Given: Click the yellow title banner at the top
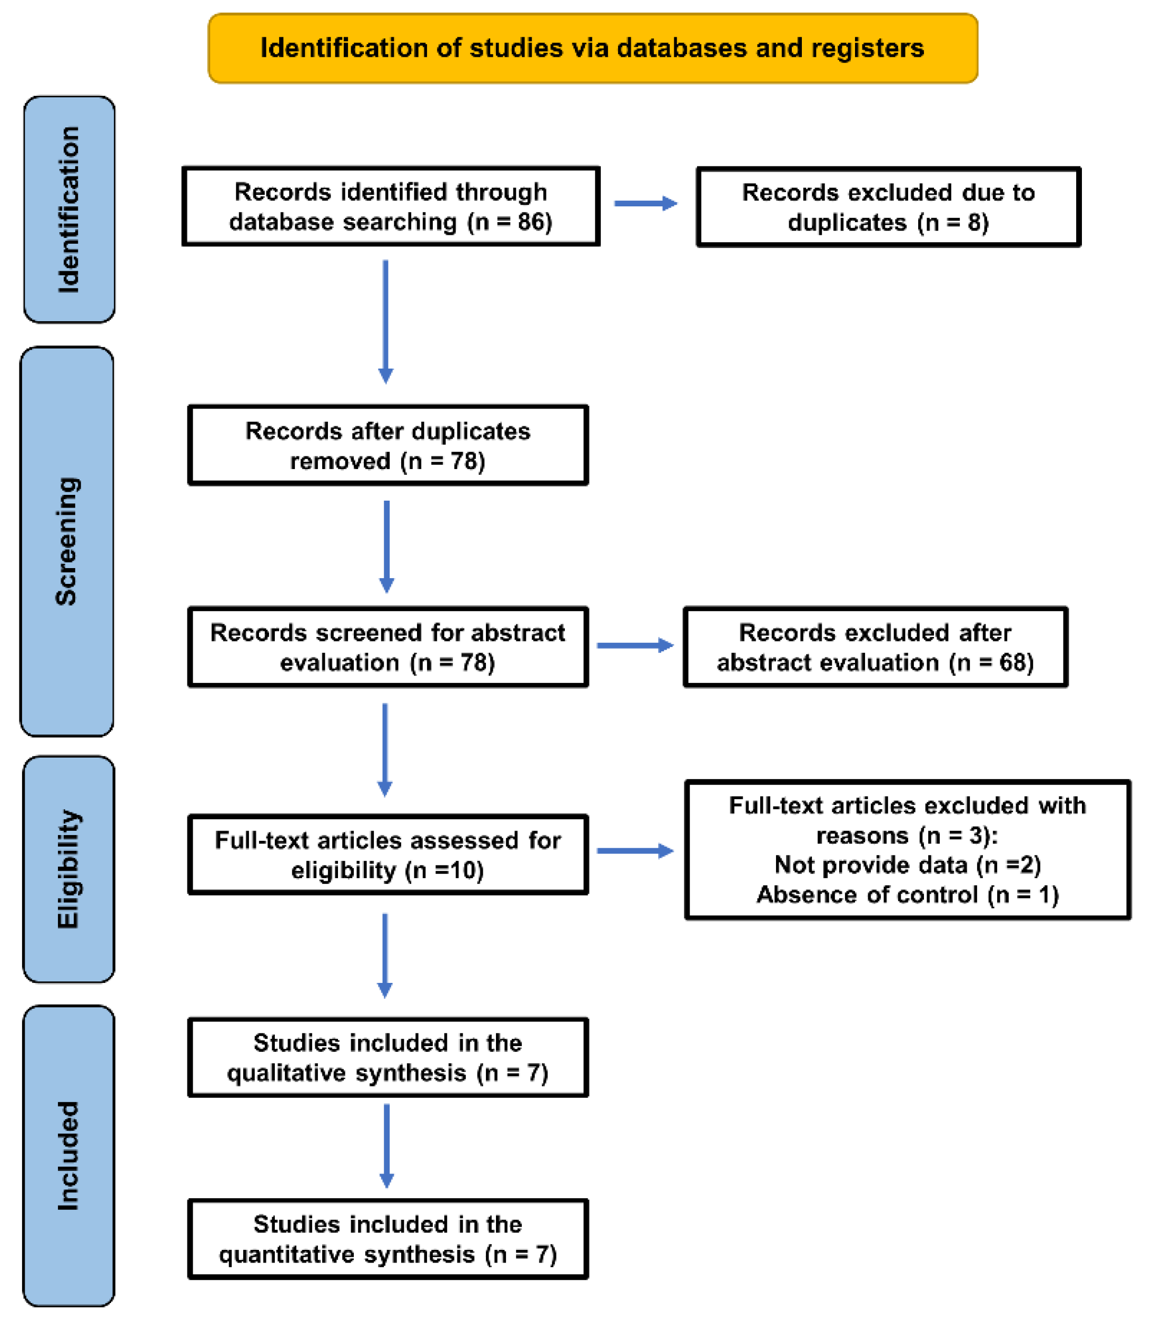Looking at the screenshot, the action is (x=593, y=48).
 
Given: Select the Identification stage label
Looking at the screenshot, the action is (x=69, y=209).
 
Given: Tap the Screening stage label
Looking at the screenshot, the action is (x=67, y=541).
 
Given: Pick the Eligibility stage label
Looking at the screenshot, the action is (x=68, y=869).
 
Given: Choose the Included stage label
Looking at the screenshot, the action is (x=68, y=1156).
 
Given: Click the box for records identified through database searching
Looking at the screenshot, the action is (x=391, y=206).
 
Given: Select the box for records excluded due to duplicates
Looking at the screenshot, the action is (x=889, y=206).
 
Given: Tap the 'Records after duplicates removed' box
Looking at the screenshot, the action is (x=388, y=445).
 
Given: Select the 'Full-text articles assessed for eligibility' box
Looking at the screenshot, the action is (x=388, y=854).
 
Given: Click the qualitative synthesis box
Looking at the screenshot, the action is (x=388, y=1057).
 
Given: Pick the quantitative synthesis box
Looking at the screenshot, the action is (x=388, y=1239).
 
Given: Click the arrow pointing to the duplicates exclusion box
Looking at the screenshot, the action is (x=646, y=203).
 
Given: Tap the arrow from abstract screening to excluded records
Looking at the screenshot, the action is (x=635, y=645).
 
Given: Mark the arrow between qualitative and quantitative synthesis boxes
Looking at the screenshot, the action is (x=386, y=1146).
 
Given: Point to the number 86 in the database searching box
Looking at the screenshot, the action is (x=531, y=222).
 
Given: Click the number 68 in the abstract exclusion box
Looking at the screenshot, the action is (x=1013, y=662).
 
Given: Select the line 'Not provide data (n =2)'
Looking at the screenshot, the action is (x=907, y=865).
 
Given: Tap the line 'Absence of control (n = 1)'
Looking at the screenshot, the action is (x=907, y=894).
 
